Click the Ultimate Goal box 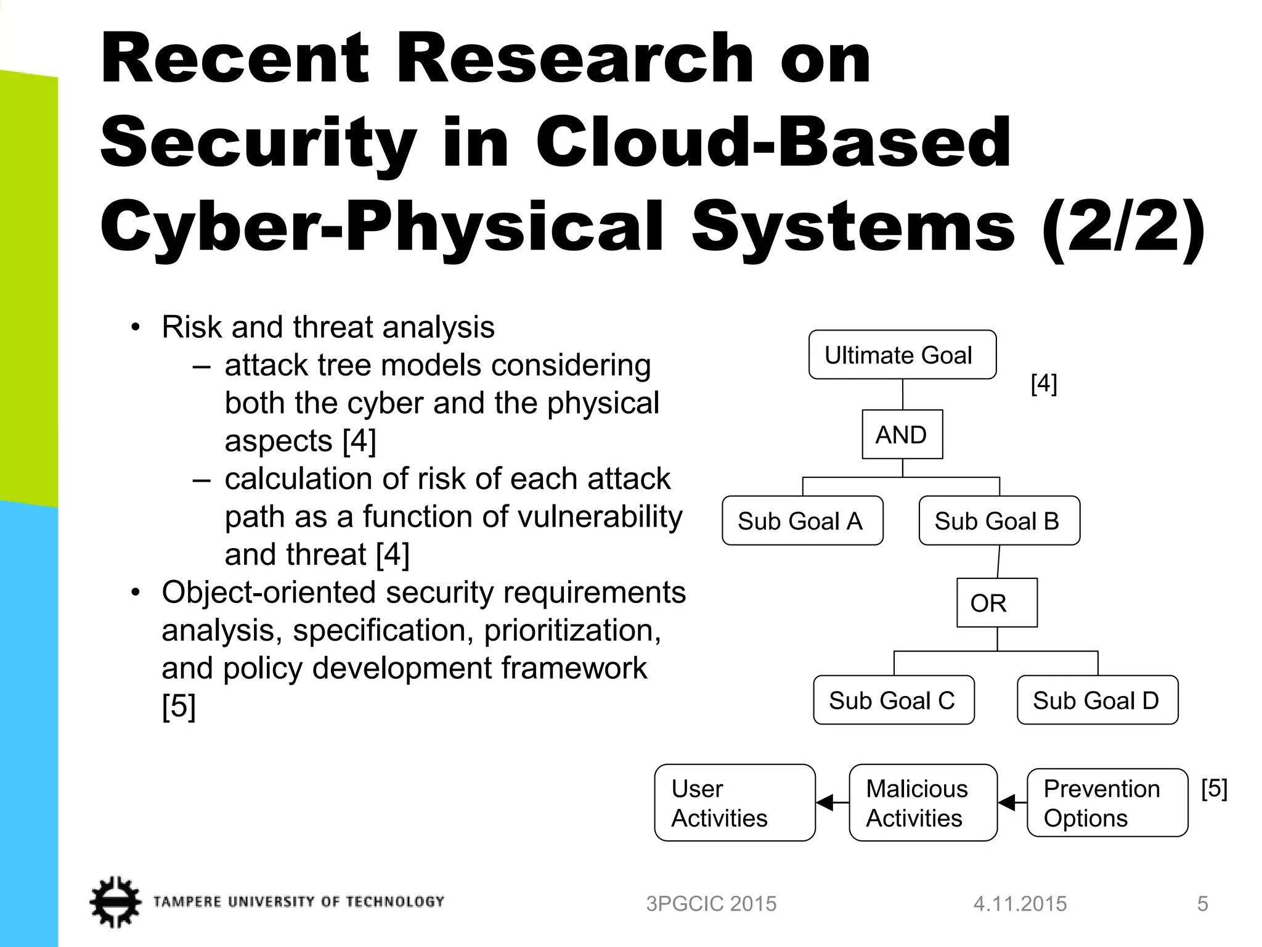(x=902, y=355)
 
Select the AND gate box (x=902, y=434)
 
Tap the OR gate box (x=996, y=602)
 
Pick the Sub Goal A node (x=802, y=520)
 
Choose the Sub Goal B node (x=999, y=520)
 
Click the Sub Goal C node (x=894, y=700)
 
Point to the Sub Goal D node (x=1097, y=700)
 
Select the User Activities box (x=735, y=803)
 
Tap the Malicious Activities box (x=922, y=803)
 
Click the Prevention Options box (x=1107, y=803)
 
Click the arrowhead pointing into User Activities (x=824, y=803)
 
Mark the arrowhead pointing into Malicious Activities (x=1007, y=803)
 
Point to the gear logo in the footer (x=115, y=901)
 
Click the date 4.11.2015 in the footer (x=1020, y=904)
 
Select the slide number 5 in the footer (x=1202, y=904)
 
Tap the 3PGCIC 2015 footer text (x=711, y=904)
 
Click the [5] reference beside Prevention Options (x=1214, y=789)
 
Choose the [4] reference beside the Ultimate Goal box (x=1044, y=383)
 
